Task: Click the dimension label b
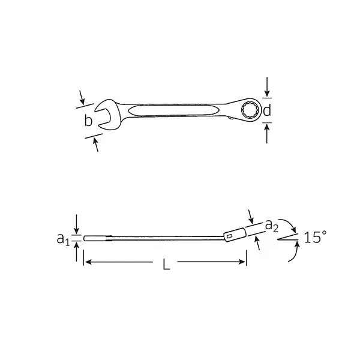click(88, 120)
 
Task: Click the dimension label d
click(267, 110)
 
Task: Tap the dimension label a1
click(63, 239)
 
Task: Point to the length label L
click(166, 264)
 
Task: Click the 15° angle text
click(315, 237)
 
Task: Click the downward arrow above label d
click(267, 87)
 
